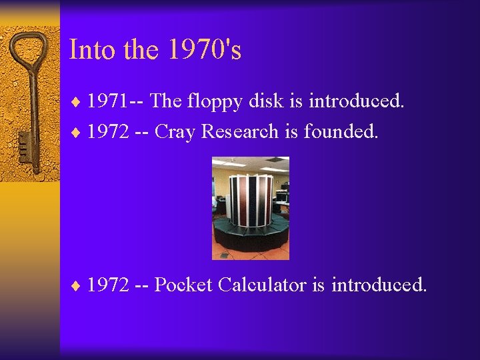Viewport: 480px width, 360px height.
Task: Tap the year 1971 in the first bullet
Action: (x=109, y=101)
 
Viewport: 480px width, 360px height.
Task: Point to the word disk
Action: (x=265, y=101)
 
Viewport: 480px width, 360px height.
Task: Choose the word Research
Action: (x=240, y=132)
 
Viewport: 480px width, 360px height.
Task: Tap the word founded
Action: (x=341, y=132)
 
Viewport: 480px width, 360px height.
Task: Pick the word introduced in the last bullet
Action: (x=378, y=285)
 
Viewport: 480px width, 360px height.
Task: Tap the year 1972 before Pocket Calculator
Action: (x=109, y=285)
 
